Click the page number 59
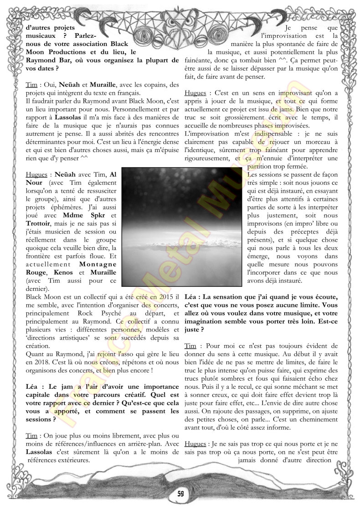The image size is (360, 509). (180, 493)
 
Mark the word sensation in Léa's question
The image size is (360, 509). (231, 297)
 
